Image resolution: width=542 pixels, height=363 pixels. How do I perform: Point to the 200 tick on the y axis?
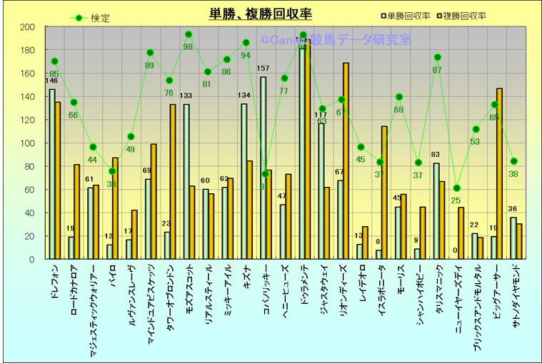[28, 27]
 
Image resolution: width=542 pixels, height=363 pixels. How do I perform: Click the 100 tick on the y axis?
[28, 143]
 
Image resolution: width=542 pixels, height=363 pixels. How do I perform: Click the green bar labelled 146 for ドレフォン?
[51, 174]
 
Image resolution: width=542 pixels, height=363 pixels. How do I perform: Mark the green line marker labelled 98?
[189, 34]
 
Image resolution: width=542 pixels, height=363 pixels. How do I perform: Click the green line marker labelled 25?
[457, 188]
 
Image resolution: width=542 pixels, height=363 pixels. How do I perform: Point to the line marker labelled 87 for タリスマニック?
[437, 57]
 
